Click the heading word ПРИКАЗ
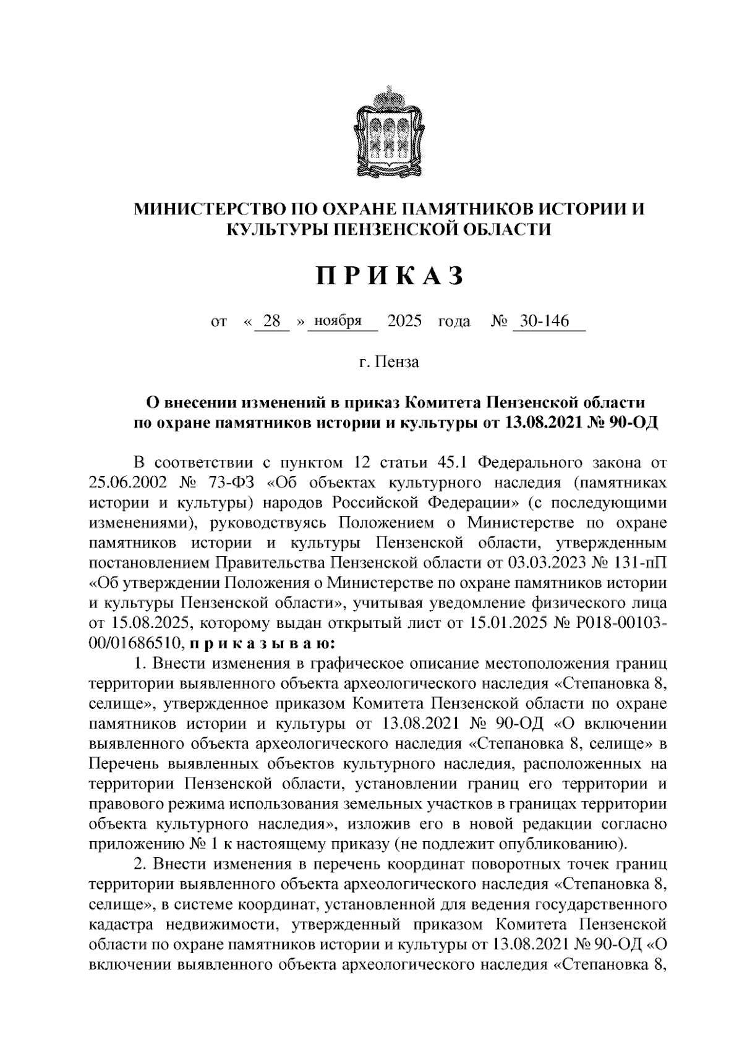(x=390, y=276)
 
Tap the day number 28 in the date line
(x=272, y=321)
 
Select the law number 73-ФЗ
(x=238, y=483)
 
